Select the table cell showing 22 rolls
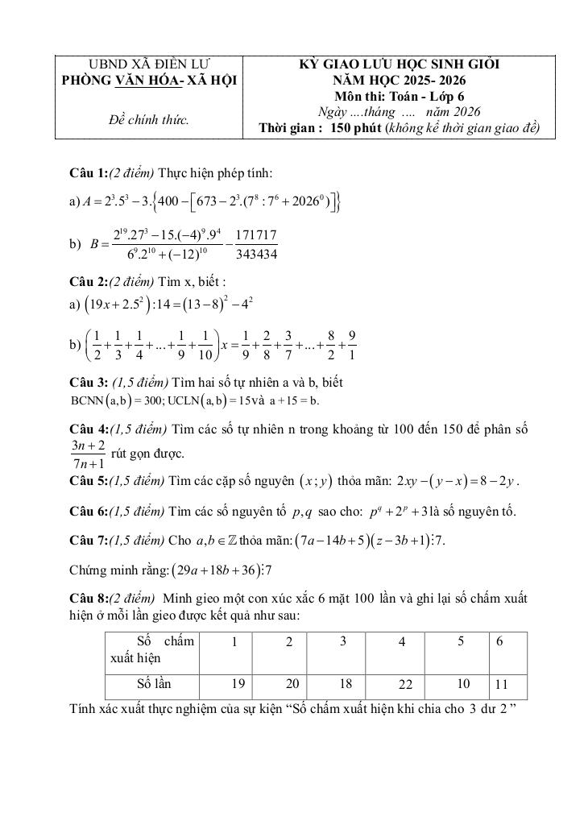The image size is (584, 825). pyautogui.click(x=404, y=685)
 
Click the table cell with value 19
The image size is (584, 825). pyautogui.click(x=237, y=684)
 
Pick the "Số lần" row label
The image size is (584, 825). pyautogui.click(x=154, y=684)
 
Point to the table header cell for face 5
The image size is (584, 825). pyautogui.click(x=460, y=642)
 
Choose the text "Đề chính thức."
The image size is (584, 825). pyautogui.click(x=148, y=120)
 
